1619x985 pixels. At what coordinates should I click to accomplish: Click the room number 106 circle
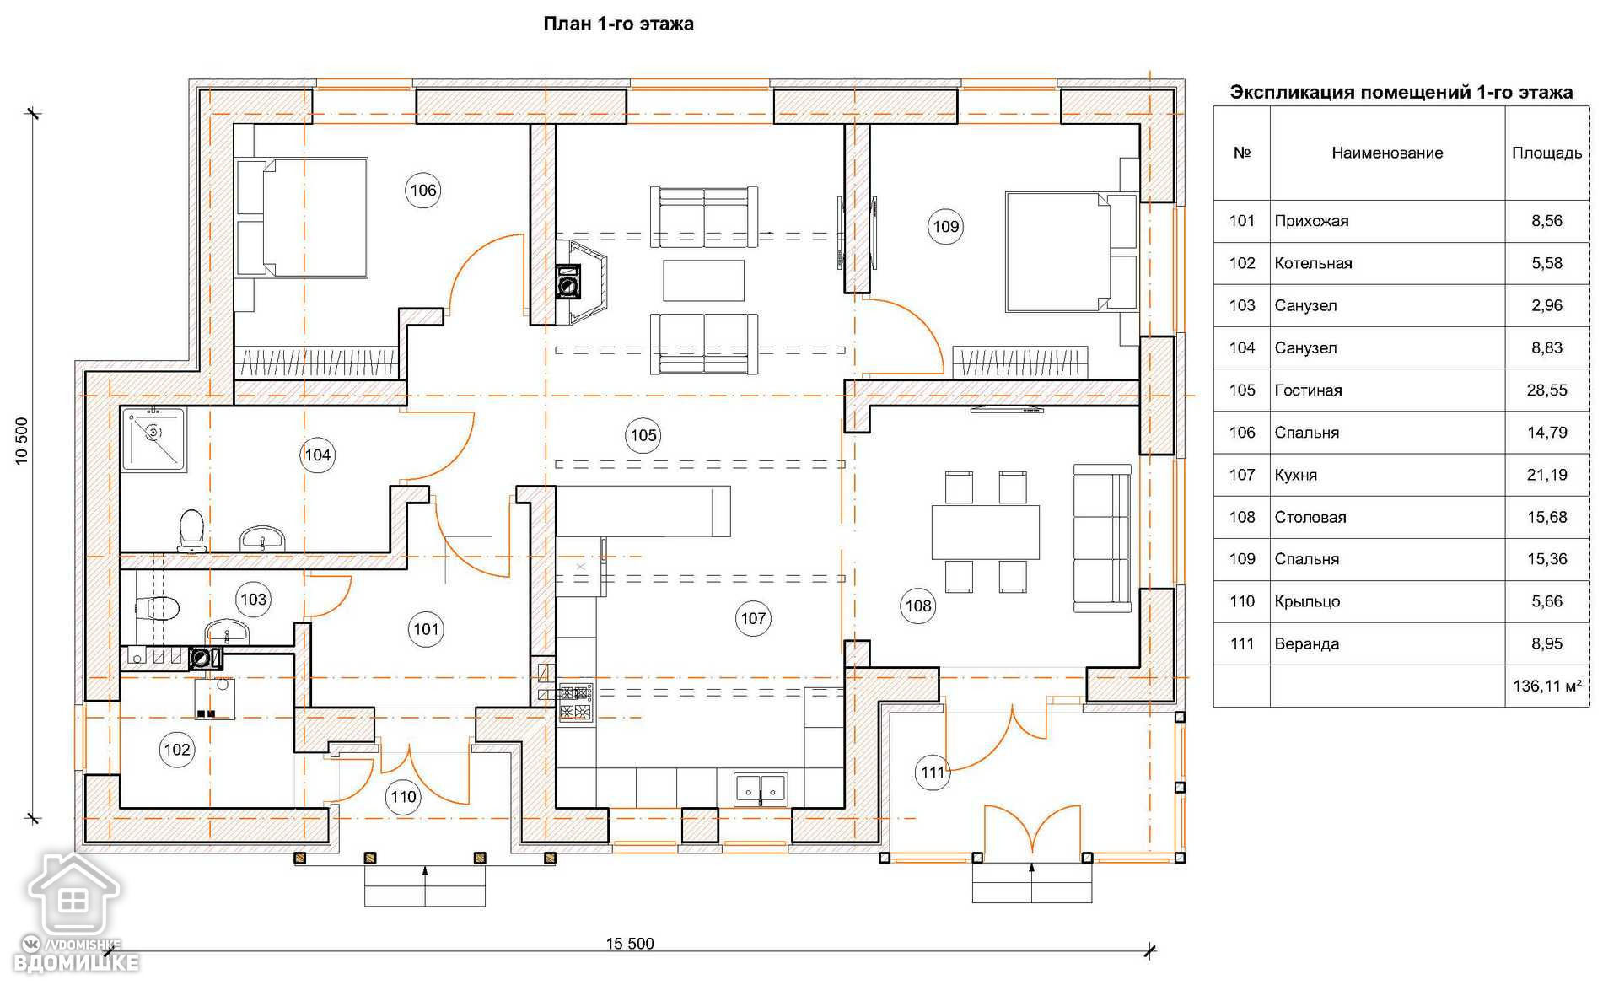point(422,191)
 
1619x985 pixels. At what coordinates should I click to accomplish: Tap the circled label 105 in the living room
point(643,435)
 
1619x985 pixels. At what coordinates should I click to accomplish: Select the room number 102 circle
point(177,750)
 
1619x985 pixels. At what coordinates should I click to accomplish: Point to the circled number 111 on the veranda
point(933,772)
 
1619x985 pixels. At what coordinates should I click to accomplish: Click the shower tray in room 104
point(153,439)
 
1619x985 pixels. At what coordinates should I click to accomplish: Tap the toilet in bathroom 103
point(158,607)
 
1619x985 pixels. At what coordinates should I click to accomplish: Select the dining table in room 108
point(985,531)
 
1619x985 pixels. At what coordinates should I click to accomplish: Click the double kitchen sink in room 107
point(761,789)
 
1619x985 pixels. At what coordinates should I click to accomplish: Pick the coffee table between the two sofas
point(703,281)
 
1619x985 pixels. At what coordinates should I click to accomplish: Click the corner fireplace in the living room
point(583,283)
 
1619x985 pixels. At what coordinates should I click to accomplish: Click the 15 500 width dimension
point(630,944)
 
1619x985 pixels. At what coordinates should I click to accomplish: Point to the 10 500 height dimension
point(22,440)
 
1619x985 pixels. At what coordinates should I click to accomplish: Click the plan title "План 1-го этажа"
point(618,24)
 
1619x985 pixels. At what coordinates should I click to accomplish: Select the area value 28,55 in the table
point(1546,390)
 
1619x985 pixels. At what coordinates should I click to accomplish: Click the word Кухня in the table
point(1295,475)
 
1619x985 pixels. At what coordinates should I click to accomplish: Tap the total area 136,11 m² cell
point(1546,686)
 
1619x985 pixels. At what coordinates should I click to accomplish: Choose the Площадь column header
point(1546,153)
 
